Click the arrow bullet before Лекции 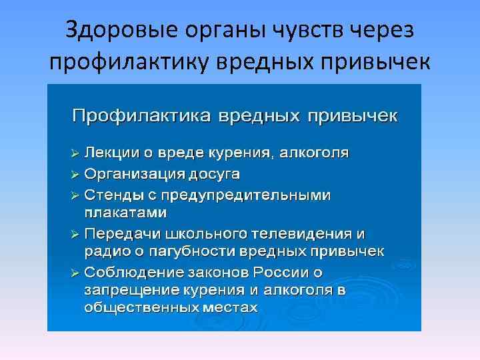75,153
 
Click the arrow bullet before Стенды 75,195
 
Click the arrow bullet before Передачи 75,234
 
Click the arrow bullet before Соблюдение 75,272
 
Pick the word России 297,272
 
